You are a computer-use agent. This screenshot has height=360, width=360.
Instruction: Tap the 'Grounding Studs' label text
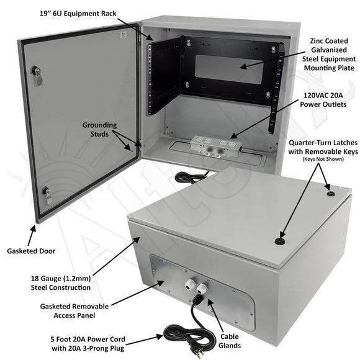(x=99, y=128)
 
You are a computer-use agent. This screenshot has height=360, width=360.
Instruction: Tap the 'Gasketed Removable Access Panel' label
(x=73, y=311)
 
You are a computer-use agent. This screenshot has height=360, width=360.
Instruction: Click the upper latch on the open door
(x=38, y=76)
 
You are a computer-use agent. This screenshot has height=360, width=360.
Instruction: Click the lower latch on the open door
(x=47, y=196)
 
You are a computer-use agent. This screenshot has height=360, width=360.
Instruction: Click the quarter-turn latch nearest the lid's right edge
(x=330, y=194)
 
